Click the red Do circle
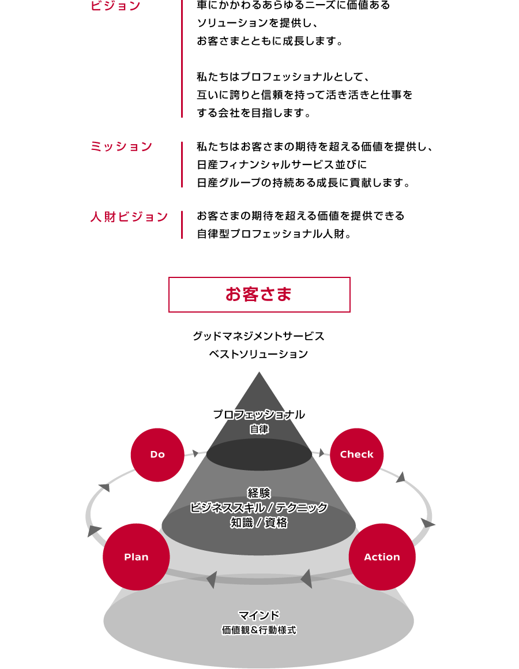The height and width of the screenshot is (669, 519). [157, 455]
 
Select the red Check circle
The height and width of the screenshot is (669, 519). [356, 455]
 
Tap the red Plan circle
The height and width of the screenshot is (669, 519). [136, 557]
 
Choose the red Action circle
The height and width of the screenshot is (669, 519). [382, 557]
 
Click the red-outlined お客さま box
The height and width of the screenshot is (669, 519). [259, 295]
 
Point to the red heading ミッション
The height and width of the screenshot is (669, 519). [122, 146]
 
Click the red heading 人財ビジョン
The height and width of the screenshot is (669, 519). [129, 217]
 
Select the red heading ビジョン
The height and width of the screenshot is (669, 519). [115, 6]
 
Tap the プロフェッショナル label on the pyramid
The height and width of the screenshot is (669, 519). [259, 414]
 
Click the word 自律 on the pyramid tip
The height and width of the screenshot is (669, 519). [259, 429]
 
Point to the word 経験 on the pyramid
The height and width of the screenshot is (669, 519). [259, 493]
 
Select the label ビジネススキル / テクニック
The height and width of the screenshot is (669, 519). [259, 508]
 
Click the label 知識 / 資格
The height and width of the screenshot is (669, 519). [259, 523]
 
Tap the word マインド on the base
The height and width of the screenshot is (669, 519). [259, 615]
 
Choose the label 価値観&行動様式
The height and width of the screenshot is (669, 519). [259, 630]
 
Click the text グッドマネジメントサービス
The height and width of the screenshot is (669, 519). [259, 336]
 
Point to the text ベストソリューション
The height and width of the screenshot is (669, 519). [259, 354]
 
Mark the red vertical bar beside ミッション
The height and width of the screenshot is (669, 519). [182, 165]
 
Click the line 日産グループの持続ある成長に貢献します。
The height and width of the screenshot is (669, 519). [303, 183]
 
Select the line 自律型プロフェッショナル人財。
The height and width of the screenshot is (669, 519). [274, 234]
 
